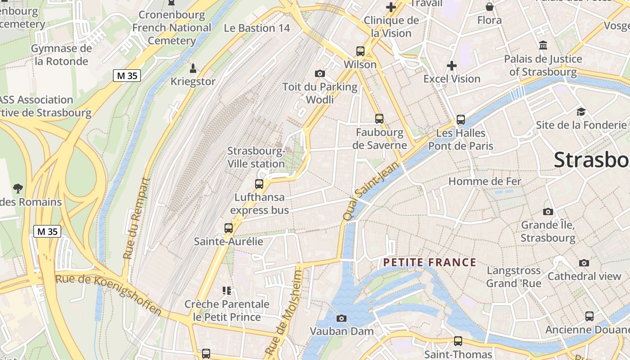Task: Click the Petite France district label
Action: click(x=429, y=262)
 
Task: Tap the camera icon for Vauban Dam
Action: click(x=342, y=318)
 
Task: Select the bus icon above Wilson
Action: click(x=360, y=51)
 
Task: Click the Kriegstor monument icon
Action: click(x=193, y=68)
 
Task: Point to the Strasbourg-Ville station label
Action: click(x=256, y=157)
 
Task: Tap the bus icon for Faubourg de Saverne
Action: click(x=379, y=119)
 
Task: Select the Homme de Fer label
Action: click(x=485, y=181)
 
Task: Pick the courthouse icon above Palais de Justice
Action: click(x=543, y=45)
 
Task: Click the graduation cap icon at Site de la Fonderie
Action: click(x=581, y=112)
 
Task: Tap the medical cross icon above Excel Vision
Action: click(x=452, y=66)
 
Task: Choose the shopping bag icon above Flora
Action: click(x=489, y=7)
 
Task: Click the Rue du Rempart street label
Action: click(x=136, y=218)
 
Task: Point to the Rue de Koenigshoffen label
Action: click(x=108, y=295)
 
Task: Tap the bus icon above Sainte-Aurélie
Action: click(x=229, y=228)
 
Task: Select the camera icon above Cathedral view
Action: click(x=584, y=263)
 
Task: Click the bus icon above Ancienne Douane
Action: click(x=589, y=316)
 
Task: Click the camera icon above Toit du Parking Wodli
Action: click(x=319, y=73)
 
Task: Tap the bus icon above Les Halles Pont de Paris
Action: click(x=460, y=120)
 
